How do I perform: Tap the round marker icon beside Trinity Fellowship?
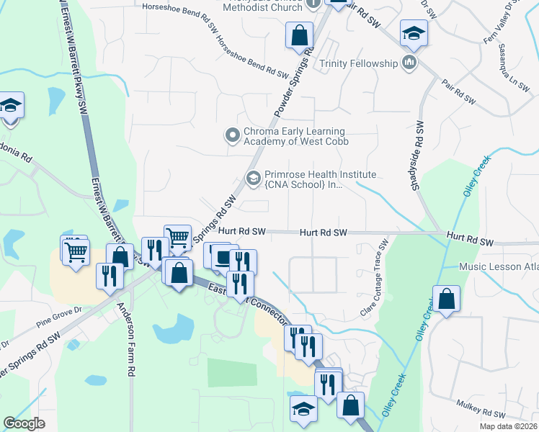click(410, 63)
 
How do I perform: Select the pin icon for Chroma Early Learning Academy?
click(232, 135)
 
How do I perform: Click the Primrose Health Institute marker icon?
click(254, 177)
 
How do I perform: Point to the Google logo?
click(24, 423)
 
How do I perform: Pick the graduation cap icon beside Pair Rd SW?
click(414, 33)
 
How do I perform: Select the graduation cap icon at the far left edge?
click(10, 106)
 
